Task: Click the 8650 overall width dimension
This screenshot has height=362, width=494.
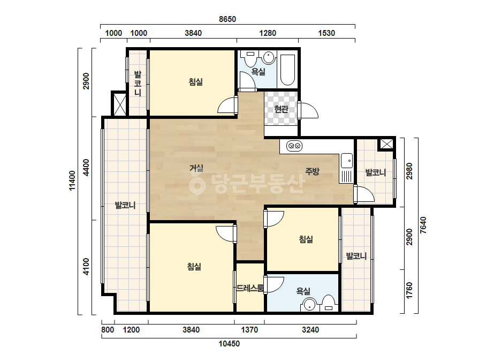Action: (x=227, y=19)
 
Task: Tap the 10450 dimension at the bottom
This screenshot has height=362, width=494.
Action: (x=229, y=344)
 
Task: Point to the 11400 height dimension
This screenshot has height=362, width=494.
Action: (x=72, y=180)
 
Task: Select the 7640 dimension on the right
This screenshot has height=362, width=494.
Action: (x=423, y=225)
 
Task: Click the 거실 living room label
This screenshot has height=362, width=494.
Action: (x=196, y=168)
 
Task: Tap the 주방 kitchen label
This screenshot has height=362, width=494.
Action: (x=312, y=171)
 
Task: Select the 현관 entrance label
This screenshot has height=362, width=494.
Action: (x=282, y=109)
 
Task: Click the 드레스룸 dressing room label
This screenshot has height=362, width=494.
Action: (x=250, y=288)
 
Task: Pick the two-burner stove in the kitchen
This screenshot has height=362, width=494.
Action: (x=294, y=146)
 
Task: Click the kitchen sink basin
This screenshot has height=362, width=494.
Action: (x=347, y=161)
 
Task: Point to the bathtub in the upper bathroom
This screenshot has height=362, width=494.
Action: (x=287, y=70)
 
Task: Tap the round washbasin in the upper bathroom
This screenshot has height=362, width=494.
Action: (x=269, y=58)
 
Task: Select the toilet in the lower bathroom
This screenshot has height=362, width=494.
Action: (x=328, y=303)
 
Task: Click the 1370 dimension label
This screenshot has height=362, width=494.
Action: (x=249, y=330)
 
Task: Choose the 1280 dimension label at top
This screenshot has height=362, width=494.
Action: (x=268, y=33)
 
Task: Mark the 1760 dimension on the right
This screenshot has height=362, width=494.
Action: (x=409, y=291)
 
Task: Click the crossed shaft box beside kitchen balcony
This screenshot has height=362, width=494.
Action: (x=386, y=144)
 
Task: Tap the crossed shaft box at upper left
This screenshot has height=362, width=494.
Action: (x=119, y=103)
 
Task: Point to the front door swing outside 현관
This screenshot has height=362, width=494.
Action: (x=308, y=110)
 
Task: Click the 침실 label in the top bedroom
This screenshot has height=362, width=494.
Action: (x=196, y=82)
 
